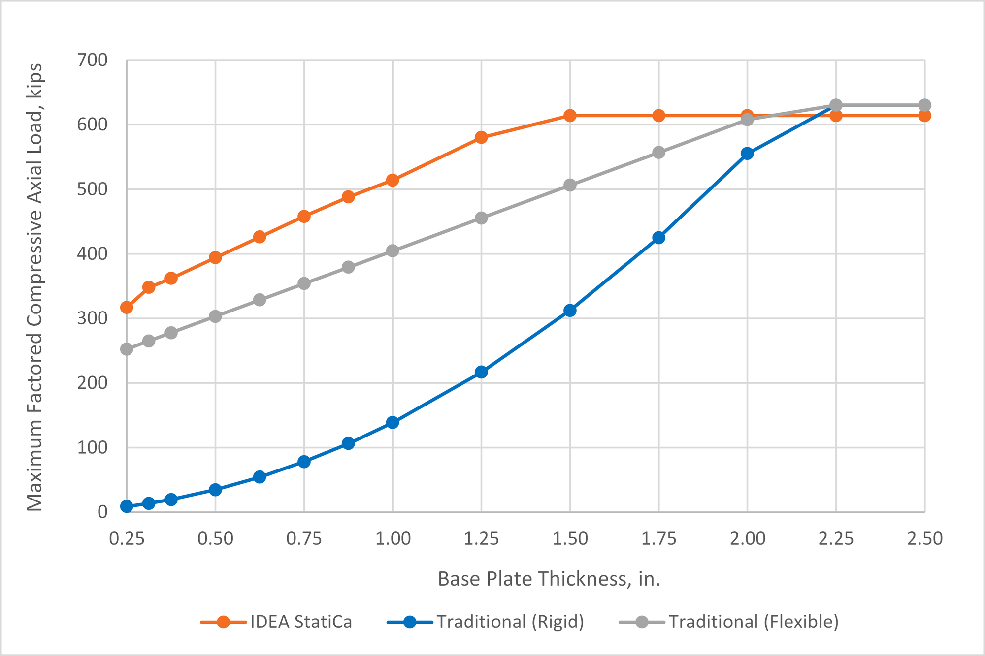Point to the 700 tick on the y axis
[93, 60]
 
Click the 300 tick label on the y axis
[93, 318]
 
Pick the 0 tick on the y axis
[102, 512]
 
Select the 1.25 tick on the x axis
[481, 539]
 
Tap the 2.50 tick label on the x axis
[924, 539]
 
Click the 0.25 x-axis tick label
[127, 539]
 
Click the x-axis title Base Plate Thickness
[549, 579]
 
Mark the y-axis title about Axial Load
[34, 287]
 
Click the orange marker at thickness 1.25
[481, 137]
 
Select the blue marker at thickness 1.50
[570, 311]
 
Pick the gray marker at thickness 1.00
[393, 251]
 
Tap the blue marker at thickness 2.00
[747, 154]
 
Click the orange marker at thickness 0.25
[127, 308]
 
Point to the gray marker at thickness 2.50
[924, 105]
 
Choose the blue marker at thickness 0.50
[215, 490]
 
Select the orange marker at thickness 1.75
[658, 116]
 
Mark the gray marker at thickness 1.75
[658, 153]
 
